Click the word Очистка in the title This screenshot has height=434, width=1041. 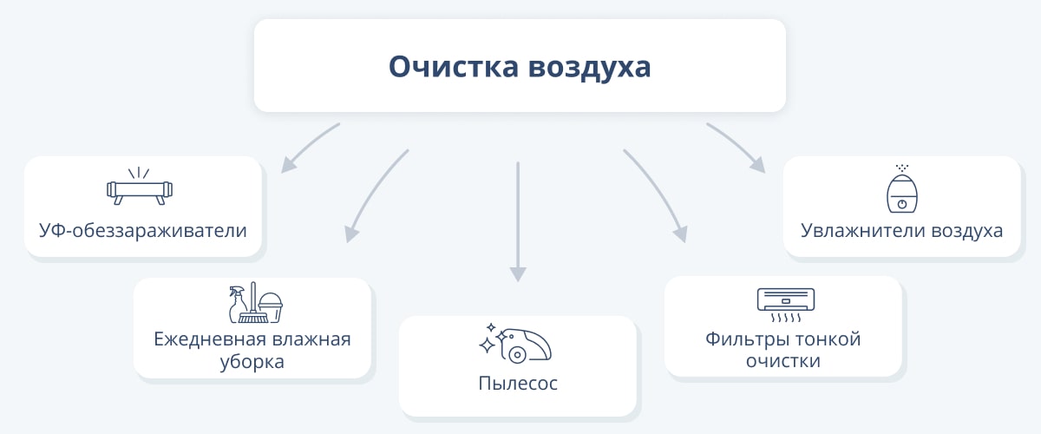(453, 67)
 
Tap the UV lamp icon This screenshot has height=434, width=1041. (140, 186)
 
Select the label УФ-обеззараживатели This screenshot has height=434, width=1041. (142, 231)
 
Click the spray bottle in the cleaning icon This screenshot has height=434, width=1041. (238, 304)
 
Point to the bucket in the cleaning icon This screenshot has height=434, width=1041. (271, 307)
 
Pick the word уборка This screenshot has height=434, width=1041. (252, 361)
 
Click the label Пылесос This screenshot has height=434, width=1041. (518, 384)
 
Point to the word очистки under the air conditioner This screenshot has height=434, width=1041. (783, 361)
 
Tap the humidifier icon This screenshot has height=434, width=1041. (902, 189)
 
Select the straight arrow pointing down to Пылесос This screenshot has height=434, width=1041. (518, 222)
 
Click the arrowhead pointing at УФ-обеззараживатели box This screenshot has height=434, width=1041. (288, 165)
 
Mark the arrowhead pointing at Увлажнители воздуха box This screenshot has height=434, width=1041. (758, 165)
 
